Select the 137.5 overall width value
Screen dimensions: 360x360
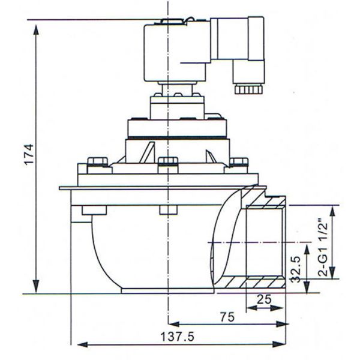(178, 337)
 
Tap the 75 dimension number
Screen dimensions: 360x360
(226, 318)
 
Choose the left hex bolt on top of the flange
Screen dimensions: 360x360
(97, 163)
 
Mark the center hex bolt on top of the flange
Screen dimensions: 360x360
(169, 162)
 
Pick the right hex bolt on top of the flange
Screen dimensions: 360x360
(239, 162)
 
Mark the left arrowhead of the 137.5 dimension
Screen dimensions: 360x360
(77, 344)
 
